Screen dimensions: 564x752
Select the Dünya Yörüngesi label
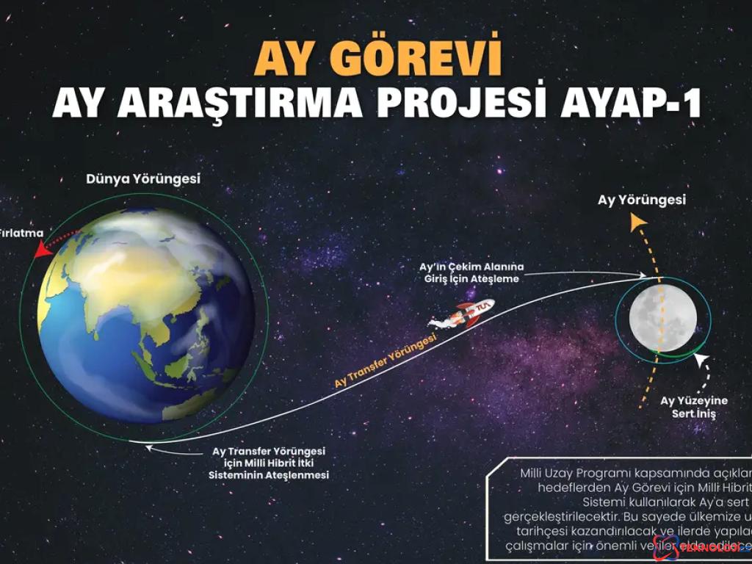143,178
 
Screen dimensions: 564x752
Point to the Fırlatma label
22,233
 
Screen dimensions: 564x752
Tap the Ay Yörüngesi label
641,200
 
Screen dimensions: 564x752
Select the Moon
662,317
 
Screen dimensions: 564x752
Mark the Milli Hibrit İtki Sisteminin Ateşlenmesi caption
268,463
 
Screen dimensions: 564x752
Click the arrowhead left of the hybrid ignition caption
149,446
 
